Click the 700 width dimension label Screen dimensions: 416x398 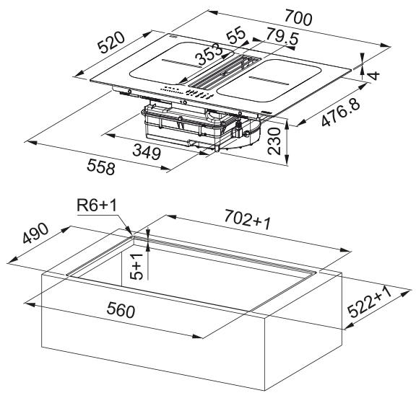click(298, 19)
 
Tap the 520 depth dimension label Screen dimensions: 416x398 click(110, 42)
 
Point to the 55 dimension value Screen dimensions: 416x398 click(236, 35)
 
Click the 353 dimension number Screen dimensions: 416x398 click(209, 55)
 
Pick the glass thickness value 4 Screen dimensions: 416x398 click(374, 76)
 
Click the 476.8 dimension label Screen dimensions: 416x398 click(341, 112)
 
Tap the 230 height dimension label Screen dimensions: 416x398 click(274, 141)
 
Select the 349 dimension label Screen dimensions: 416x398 click(147, 152)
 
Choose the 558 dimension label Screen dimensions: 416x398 click(101, 167)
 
